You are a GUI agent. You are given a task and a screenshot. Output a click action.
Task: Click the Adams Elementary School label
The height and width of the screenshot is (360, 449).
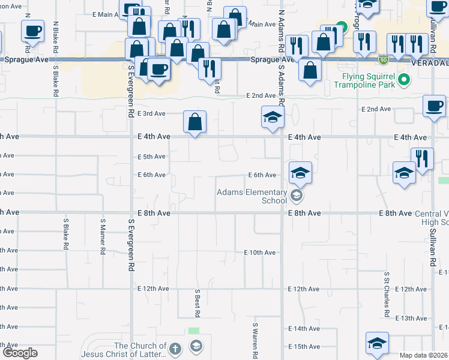(x=252, y=196)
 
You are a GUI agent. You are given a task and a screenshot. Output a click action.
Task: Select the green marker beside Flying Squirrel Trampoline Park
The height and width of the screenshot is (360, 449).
(x=404, y=79)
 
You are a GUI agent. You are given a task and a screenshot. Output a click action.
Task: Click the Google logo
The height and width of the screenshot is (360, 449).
(x=20, y=353)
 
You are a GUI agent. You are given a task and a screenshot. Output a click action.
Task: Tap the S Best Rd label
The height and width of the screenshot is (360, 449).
(x=197, y=303)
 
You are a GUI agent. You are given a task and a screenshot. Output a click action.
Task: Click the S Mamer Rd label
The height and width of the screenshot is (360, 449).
(x=103, y=236)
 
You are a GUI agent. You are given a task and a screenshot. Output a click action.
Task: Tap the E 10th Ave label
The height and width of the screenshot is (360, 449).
(x=259, y=253)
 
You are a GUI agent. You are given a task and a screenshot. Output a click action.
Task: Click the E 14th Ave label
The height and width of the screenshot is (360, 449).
(x=304, y=329)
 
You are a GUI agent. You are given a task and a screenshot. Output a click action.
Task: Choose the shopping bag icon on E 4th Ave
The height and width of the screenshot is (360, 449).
(x=194, y=122)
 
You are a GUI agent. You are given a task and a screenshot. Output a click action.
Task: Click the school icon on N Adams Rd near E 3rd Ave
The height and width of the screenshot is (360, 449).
(x=272, y=116)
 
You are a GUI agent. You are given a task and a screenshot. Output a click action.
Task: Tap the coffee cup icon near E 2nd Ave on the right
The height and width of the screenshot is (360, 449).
(x=434, y=106)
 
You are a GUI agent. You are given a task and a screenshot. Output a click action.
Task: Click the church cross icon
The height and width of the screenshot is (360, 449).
(x=175, y=348)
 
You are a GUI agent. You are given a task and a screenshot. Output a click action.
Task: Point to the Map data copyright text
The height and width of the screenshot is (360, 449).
(x=424, y=355)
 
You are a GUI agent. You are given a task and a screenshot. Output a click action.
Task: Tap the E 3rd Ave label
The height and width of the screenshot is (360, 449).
(x=151, y=113)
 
